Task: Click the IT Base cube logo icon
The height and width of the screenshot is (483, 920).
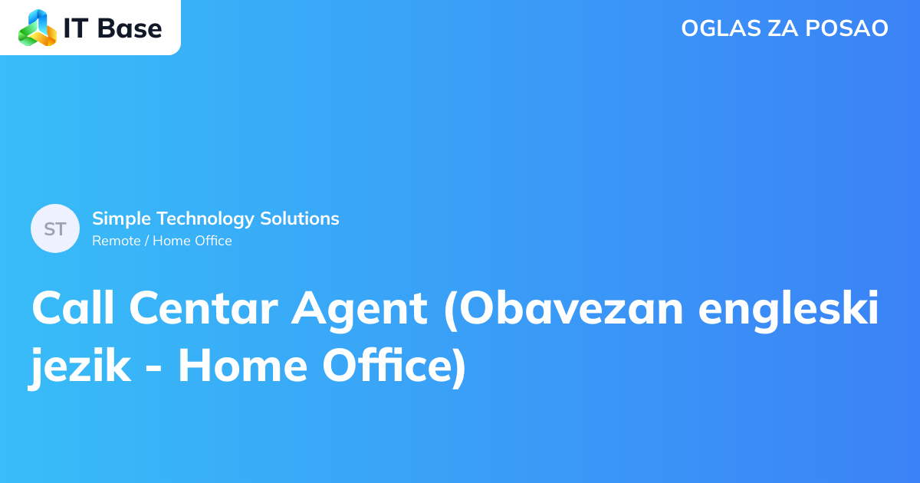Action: point(38,28)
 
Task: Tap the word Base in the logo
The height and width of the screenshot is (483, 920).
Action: point(131,28)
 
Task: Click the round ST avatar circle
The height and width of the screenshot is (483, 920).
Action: point(55,228)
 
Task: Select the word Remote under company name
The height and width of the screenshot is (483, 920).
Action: point(117,241)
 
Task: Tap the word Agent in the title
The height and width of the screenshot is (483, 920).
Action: point(359,308)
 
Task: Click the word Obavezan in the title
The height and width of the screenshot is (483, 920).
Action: point(564,308)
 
